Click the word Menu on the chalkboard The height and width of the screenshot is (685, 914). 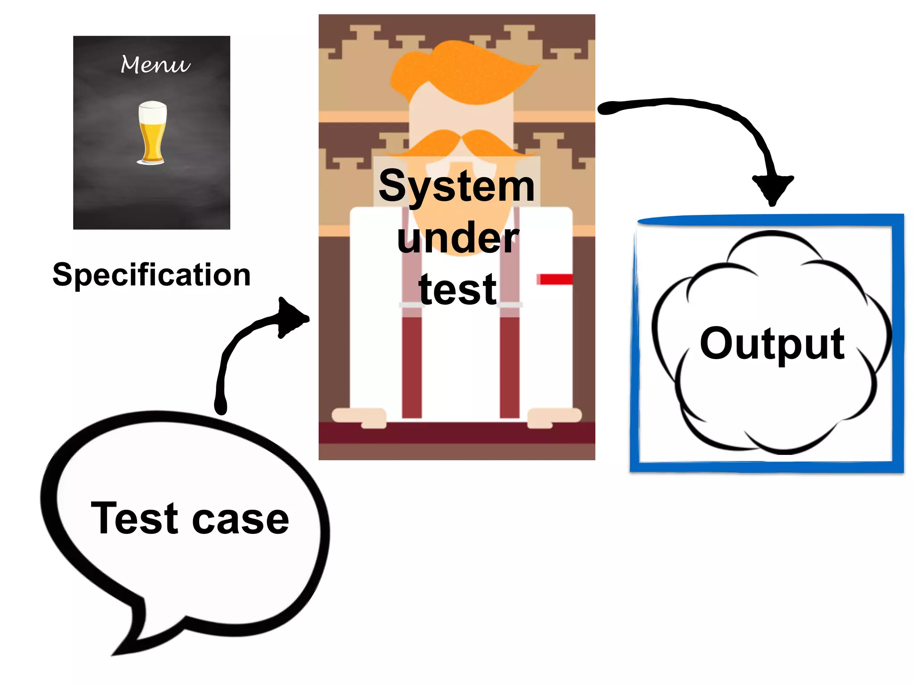[155, 65]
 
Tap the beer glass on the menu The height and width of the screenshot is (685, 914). [152, 134]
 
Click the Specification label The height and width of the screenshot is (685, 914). [151, 275]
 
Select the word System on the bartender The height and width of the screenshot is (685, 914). [456, 186]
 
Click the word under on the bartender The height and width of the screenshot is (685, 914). [457, 239]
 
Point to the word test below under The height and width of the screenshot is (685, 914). [457, 290]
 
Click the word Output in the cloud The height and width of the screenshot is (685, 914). [772, 343]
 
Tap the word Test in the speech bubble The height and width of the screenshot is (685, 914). [134, 518]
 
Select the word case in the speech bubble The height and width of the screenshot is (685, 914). [241, 520]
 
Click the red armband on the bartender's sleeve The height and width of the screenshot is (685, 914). [555, 279]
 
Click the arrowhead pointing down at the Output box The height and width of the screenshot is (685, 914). [773, 187]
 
